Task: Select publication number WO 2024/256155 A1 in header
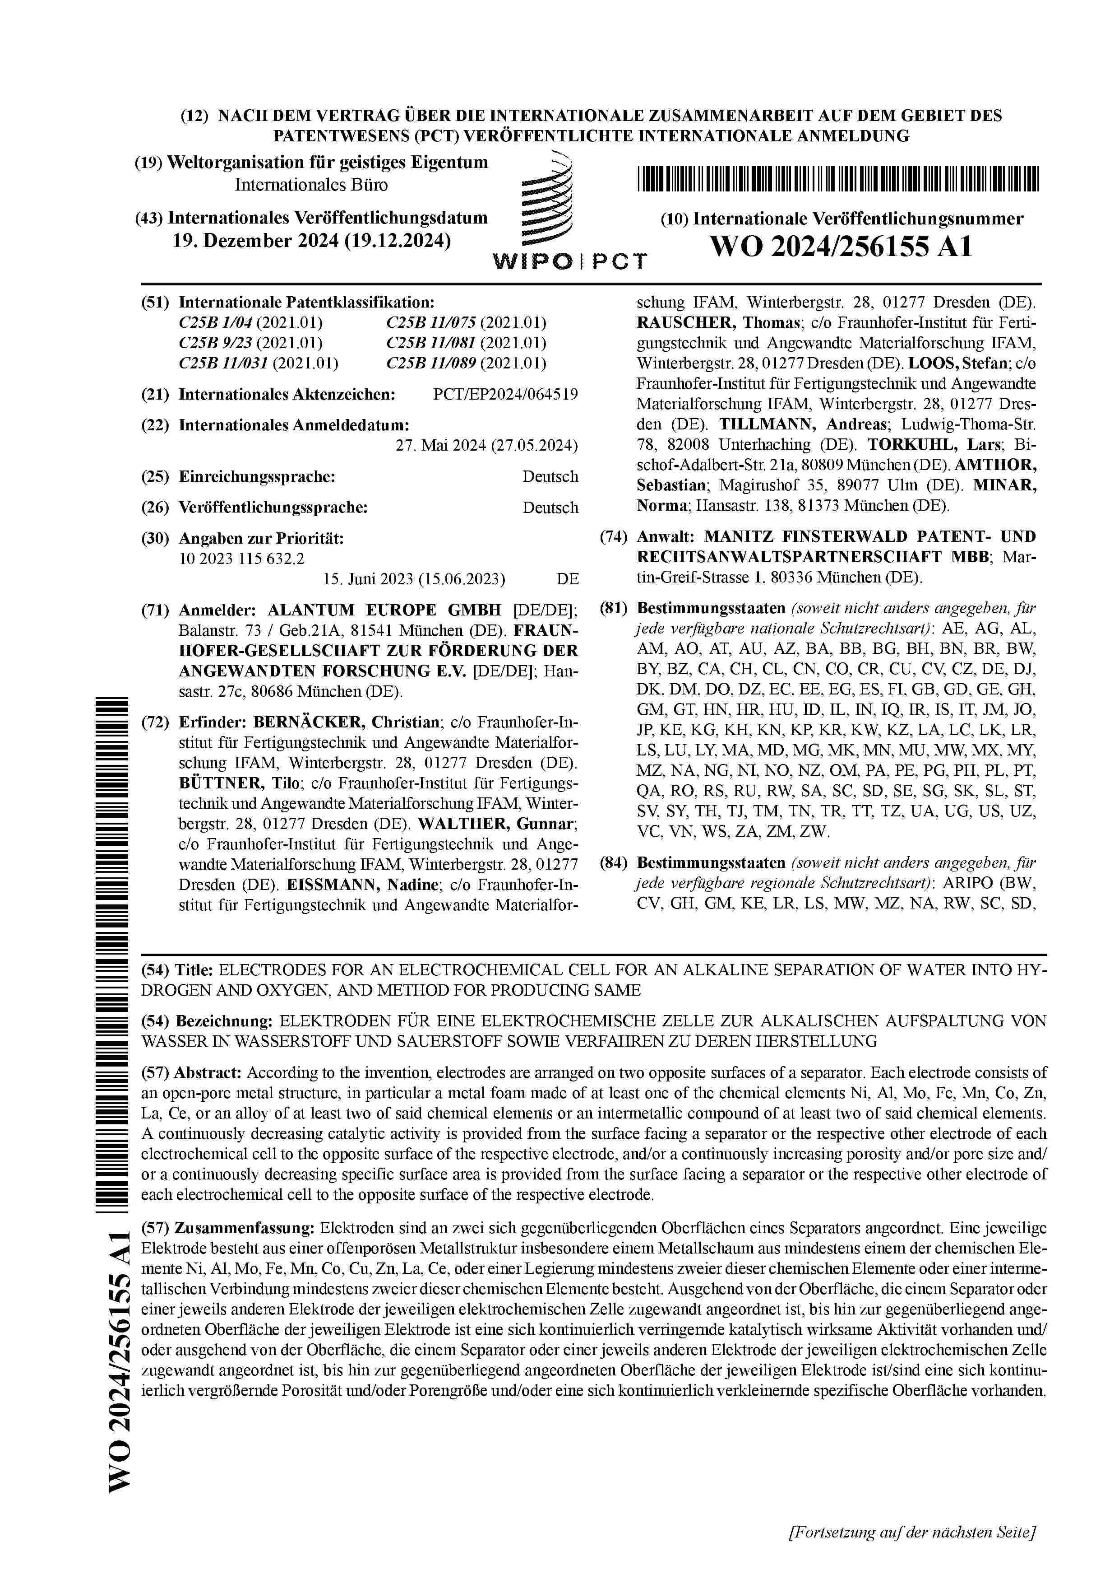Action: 841,246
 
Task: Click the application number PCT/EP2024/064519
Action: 505,395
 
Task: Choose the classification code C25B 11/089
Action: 432,363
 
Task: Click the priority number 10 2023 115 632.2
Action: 241,558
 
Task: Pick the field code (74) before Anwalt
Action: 614,537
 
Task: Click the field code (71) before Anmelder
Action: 155,610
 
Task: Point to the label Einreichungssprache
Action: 256,477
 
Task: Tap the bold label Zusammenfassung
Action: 245,1228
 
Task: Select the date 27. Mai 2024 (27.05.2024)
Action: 486,446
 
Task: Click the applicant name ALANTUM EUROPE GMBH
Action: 384,610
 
